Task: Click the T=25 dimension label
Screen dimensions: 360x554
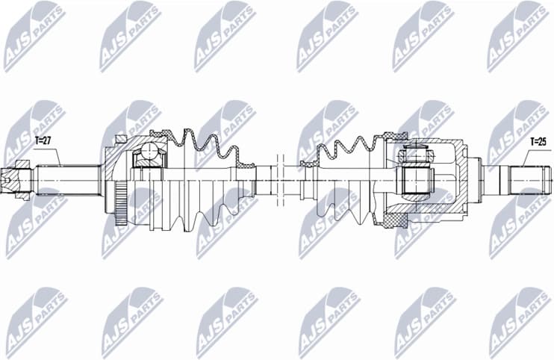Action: click(538, 140)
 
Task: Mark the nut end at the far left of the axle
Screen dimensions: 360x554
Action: click(15, 180)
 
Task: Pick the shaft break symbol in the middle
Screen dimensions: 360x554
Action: click(281, 179)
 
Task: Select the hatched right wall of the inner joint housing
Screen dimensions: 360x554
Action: click(464, 179)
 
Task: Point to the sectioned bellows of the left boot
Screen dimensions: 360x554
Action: click(202, 146)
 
